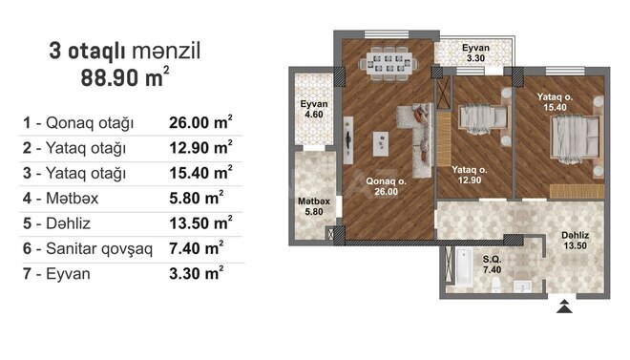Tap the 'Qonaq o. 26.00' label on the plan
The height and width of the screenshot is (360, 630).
click(387, 185)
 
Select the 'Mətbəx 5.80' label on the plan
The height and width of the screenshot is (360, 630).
click(313, 205)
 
